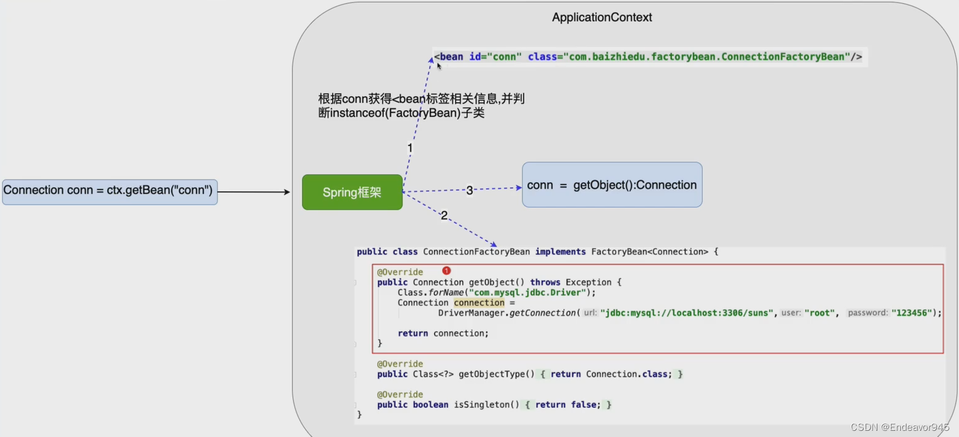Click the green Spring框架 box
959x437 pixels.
coord(352,193)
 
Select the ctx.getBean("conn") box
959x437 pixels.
coord(109,191)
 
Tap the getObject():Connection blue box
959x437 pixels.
coord(612,185)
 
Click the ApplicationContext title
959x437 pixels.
coord(602,17)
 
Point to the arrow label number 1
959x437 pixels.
coord(409,148)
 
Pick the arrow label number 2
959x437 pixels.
coord(444,215)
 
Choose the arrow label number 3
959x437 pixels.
coord(469,190)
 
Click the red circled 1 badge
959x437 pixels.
coord(446,270)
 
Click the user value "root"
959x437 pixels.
coord(820,313)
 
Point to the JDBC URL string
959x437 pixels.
coord(687,313)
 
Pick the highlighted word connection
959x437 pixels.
coord(479,303)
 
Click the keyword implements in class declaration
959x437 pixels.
coord(560,252)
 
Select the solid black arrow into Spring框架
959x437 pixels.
coord(254,192)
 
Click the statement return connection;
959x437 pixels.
coord(443,333)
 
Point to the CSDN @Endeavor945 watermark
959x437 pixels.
coord(900,427)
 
